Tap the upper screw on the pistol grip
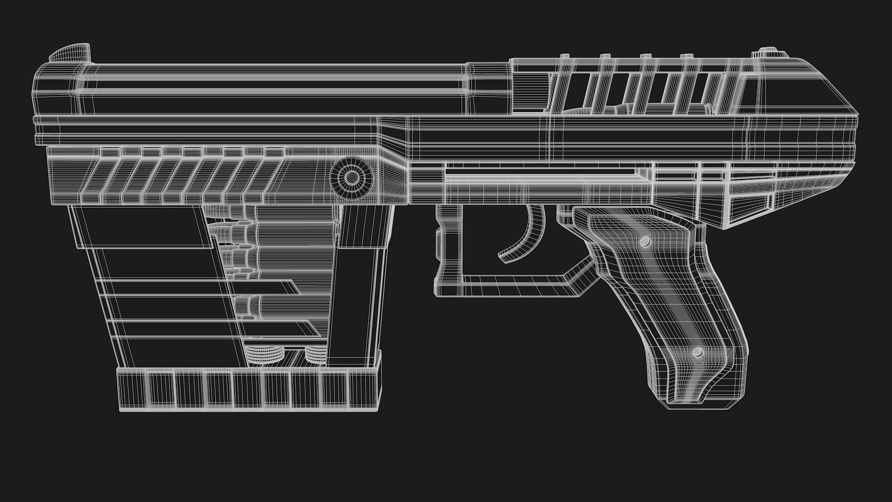tap(645, 242)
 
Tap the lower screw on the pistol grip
tap(697, 352)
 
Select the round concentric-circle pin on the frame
tap(352, 177)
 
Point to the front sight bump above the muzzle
tap(70, 53)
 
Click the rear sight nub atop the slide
tap(774, 52)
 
